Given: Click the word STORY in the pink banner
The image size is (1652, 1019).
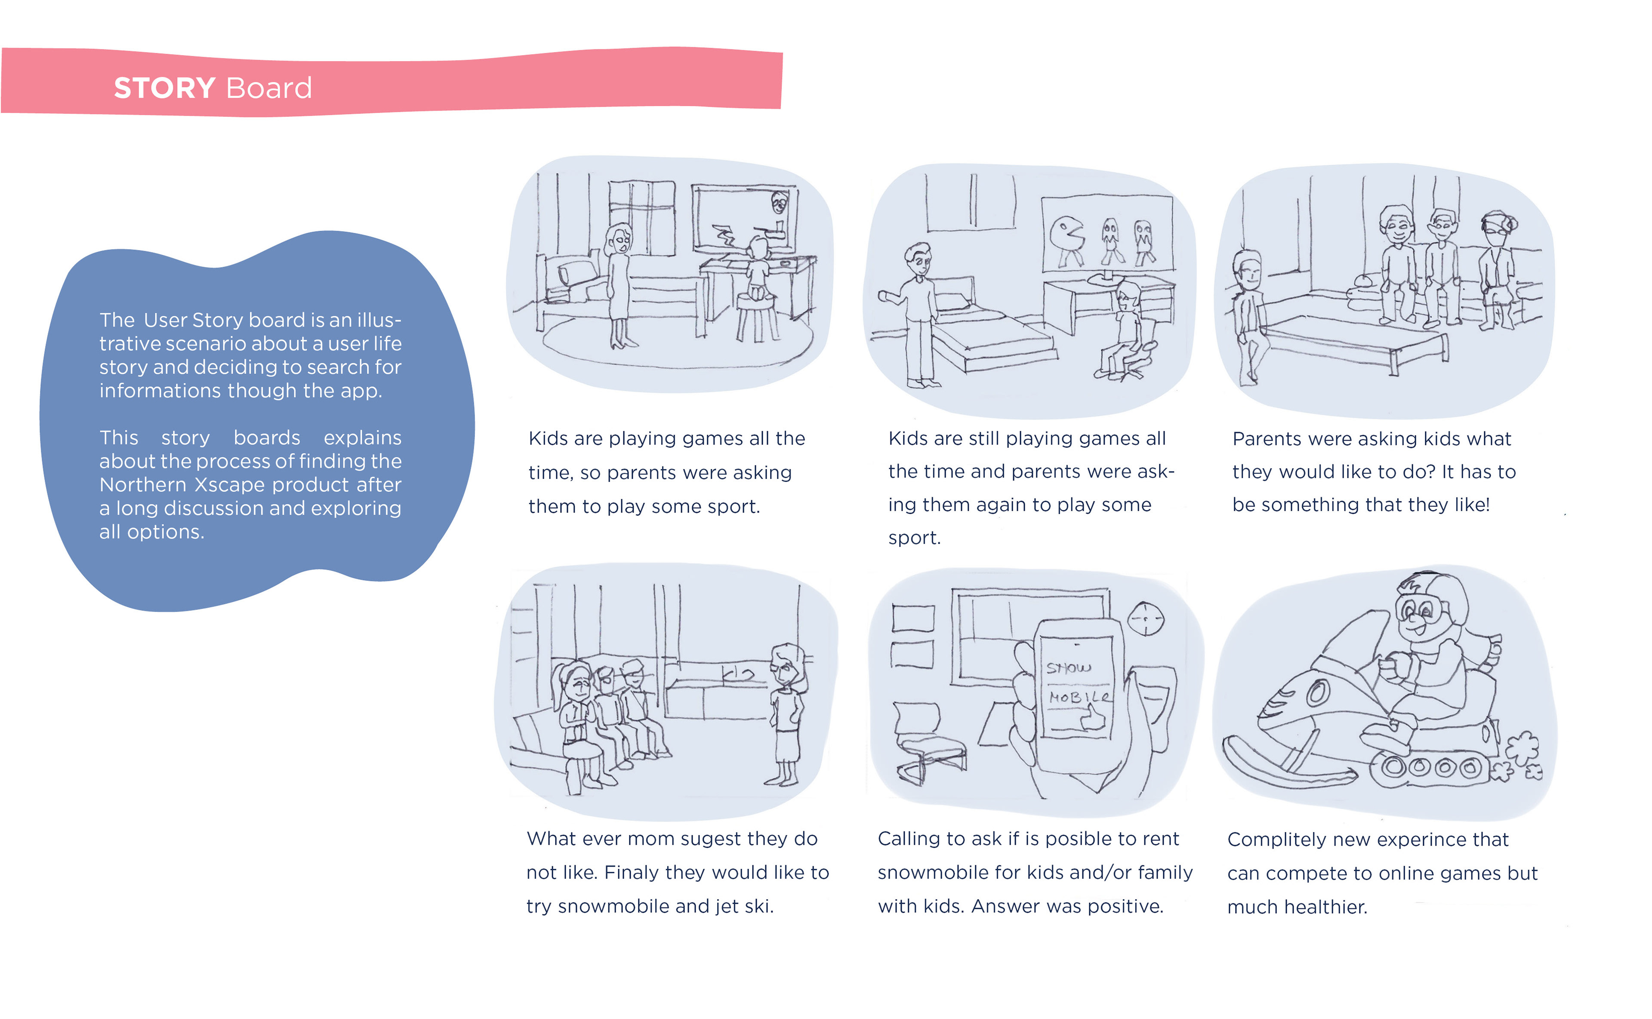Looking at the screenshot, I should click(164, 88).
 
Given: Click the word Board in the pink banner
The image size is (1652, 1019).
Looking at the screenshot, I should click(269, 88).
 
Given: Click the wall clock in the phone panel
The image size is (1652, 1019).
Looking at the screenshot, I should click(1145, 618).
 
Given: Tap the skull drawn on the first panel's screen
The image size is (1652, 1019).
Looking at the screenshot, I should click(780, 201).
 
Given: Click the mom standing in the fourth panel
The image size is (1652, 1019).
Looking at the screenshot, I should click(786, 714).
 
